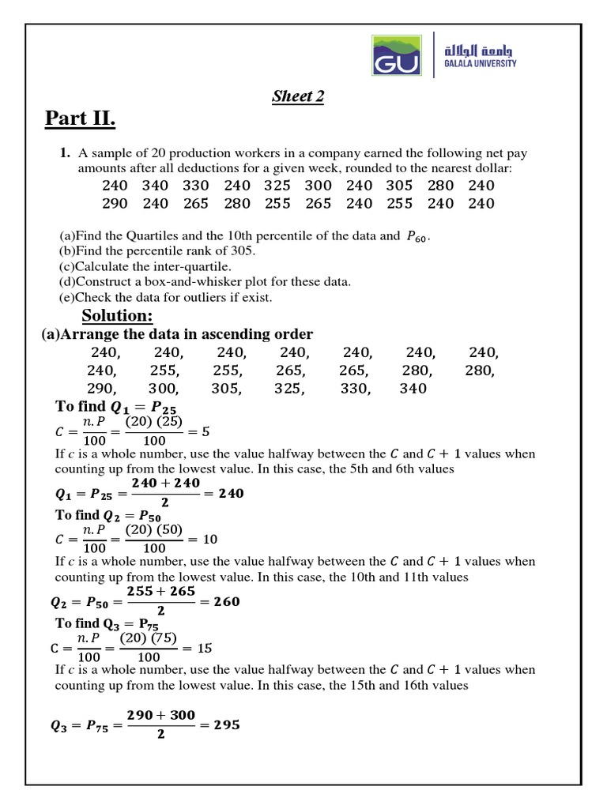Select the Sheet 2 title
pos(298,96)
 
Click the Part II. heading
pos(80,119)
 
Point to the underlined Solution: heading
pos(117,315)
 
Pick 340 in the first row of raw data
pos(155,186)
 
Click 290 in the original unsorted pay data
pos(115,204)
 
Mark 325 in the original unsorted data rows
pos(277,186)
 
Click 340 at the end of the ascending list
pos(413,389)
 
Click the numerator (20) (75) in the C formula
pos(148,638)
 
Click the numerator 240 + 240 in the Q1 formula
pos(165,483)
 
